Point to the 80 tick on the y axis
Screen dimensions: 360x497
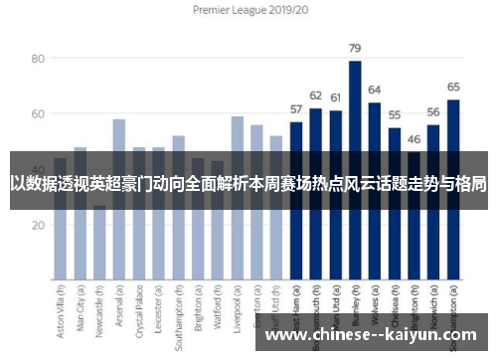(39, 59)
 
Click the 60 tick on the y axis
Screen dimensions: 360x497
(39, 114)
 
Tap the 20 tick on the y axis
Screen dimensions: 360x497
(39, 225)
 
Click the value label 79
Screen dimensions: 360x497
(355, 48)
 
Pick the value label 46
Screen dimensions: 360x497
(414, 139)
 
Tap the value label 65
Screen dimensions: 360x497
(453, 87)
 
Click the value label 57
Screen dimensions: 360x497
(296, 108)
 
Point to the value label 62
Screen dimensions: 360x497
(315, 95)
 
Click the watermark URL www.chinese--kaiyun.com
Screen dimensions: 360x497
(373, 335)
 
